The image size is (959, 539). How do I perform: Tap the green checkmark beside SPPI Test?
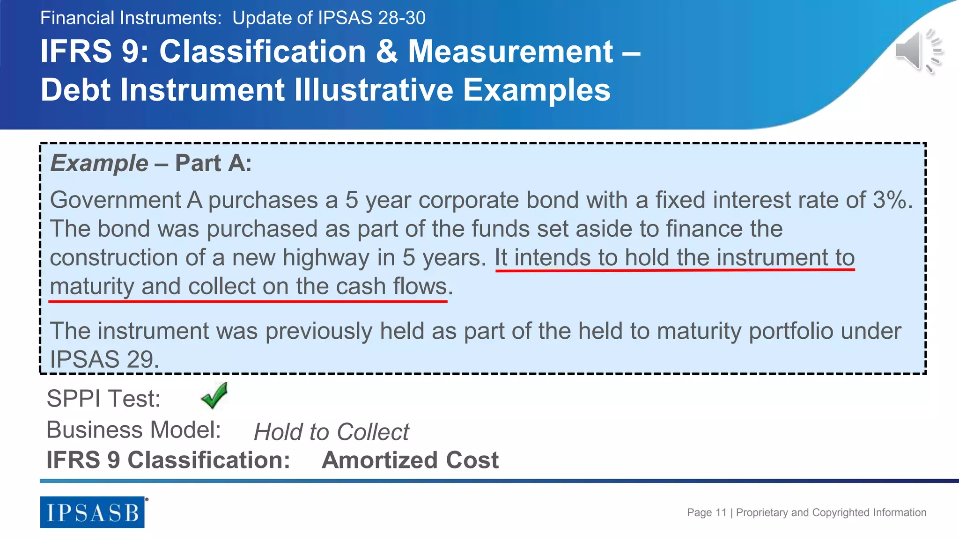pyautogui.click(x=214, y=395)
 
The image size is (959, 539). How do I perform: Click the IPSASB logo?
pyautogui.click(x=92, y=512)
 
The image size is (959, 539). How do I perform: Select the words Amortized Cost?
pyautogui.click(x=410, y=460)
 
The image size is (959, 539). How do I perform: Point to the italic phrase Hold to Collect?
pyautogui.click(x=331, y=432)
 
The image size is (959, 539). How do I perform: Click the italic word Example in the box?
pyautogui.click(x=99, y=163)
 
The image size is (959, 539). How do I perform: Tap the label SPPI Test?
pyautogui.click(x=103, y=399)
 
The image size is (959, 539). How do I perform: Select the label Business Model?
pyautogui.click(x=133, y=430)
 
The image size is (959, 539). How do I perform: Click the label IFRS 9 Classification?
pyautogui.click(x=168, y=460)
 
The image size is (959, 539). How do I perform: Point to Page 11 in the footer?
pyautogui.click(x=707, y=512)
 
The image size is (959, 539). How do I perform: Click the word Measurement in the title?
pyautogui.click(x=510, y=51)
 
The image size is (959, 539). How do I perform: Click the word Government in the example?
pyautogui.click(x=115, y=200)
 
